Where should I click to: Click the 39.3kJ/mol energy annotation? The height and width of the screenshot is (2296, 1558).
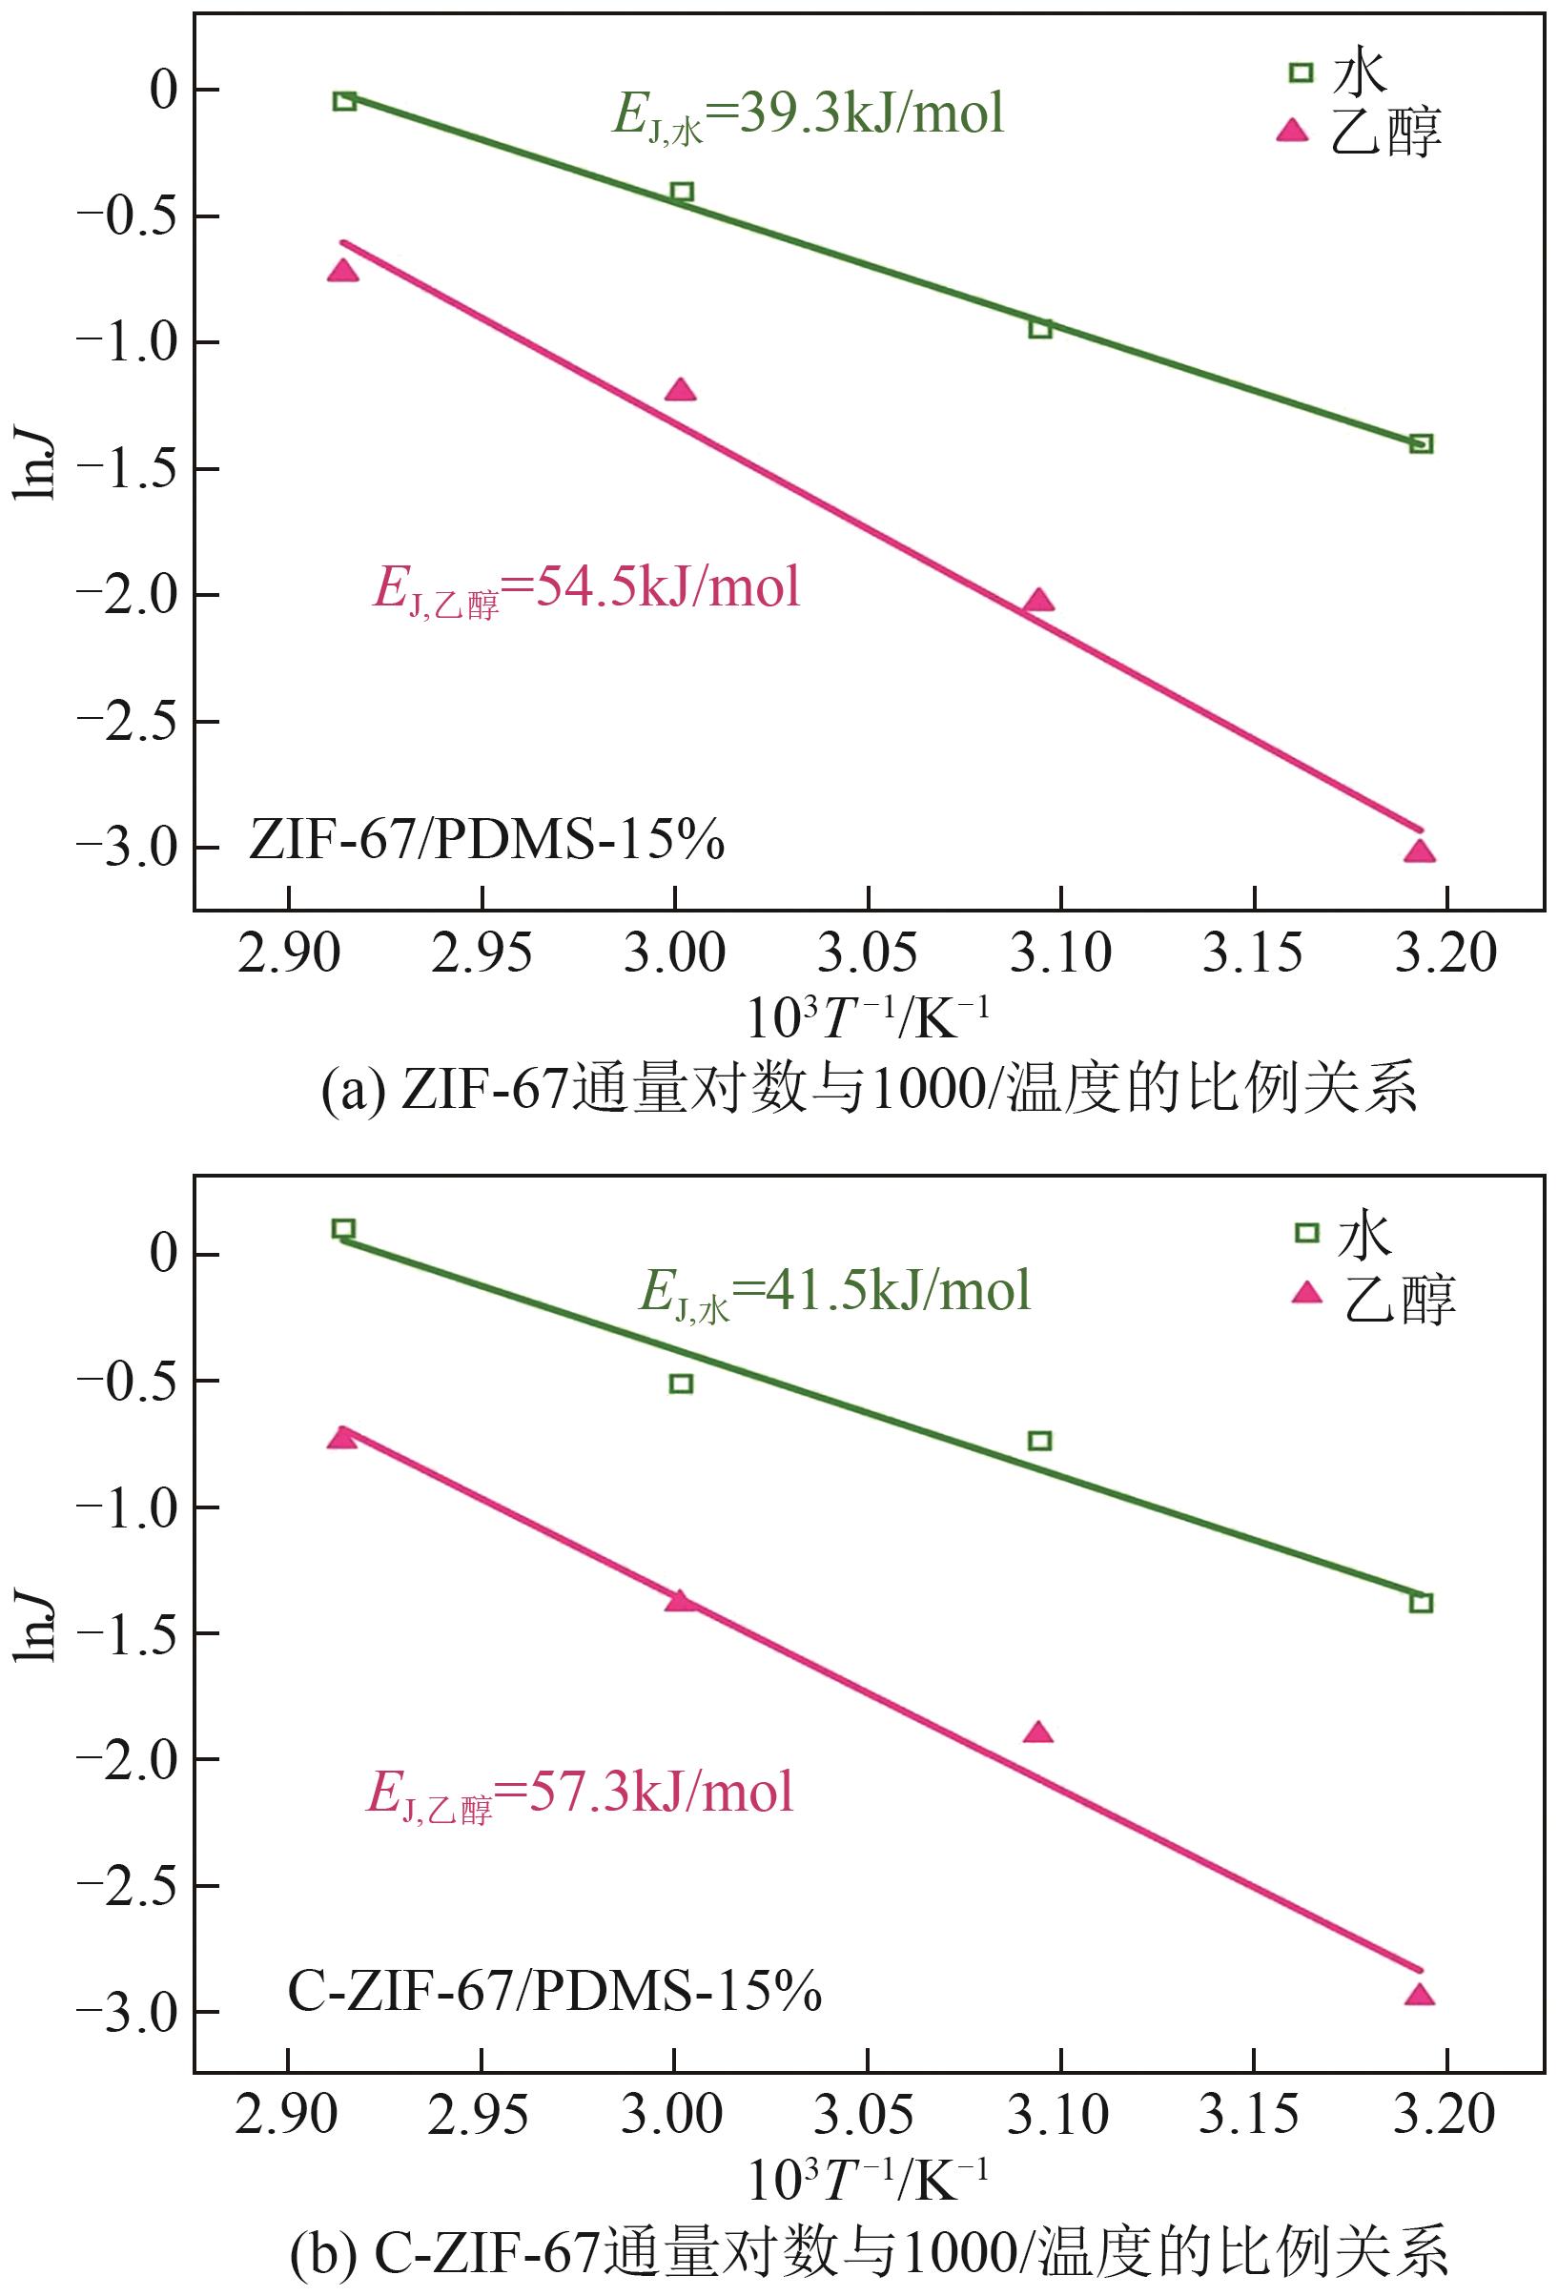[x=809, y=114]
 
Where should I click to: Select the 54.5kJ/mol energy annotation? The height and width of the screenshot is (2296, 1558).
[x=586, y=589]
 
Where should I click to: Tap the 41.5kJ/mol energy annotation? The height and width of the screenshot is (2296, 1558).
[x=835, y=1291]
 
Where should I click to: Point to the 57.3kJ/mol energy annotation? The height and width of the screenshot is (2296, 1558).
[x=581, y=1792]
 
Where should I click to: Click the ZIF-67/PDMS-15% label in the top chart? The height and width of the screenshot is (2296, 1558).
[x=486, y=842]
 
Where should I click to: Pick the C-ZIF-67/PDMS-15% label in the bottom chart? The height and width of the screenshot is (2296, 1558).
[x=554, y=1991]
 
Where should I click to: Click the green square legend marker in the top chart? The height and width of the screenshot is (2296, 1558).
[x=1302, y=72]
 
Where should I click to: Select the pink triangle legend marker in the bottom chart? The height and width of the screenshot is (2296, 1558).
[x=1307, y=1292]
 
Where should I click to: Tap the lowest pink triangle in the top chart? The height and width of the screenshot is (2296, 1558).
[x=1420, y=851]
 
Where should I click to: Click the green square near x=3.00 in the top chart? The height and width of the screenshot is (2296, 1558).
[x=682, y=192]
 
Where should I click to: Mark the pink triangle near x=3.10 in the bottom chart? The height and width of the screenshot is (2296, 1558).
[x=1038, y=1732]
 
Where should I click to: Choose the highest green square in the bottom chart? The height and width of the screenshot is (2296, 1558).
[x=344, y=1229]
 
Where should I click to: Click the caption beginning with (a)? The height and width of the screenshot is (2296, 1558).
[x=870, y=1089]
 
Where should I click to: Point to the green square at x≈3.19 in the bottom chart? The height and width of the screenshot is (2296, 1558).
[x=1421, y=1603]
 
